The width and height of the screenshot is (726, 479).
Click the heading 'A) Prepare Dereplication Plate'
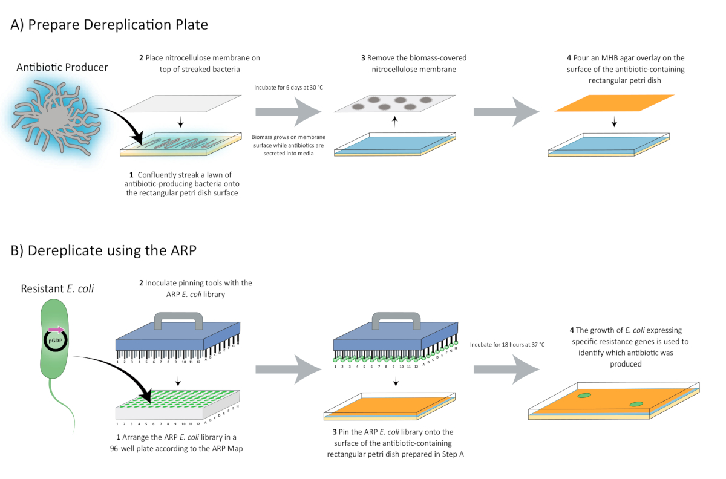tap(110, 25)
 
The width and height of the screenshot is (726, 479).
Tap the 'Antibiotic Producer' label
tap(62, 67)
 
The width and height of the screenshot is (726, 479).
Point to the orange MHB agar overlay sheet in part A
tap(615, 103)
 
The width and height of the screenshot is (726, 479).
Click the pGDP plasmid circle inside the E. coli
tap(53, 341)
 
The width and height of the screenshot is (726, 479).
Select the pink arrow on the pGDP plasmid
tap(55, 330)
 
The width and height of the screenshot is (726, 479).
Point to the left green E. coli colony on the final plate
tap(584, 396)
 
